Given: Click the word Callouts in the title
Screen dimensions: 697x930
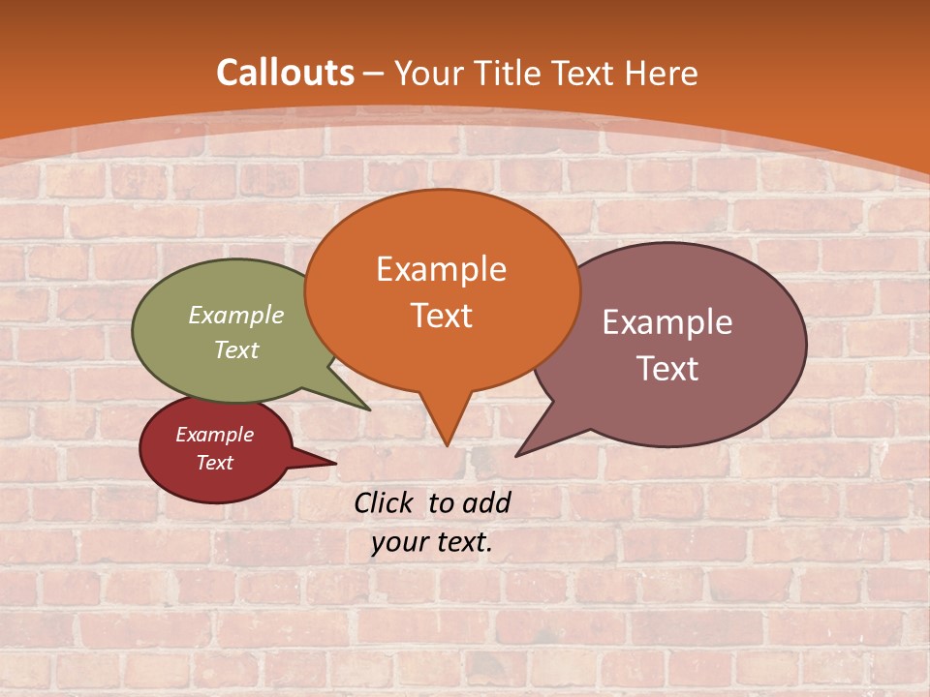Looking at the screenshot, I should pos(285,73).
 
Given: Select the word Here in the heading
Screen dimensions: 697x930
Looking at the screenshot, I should pos(661,73).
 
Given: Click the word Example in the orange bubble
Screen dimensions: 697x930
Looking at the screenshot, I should pos(441,269).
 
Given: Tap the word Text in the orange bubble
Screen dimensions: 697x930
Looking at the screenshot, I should pos(441,316).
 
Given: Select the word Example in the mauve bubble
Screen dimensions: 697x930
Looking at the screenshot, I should pos(667,322).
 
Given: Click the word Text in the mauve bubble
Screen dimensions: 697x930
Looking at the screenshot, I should pos(667,369).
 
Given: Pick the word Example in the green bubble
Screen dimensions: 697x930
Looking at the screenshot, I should pos(236,315).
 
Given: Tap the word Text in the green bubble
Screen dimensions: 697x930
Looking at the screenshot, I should pos(236,349).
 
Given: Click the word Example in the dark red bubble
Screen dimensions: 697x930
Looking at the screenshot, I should pos(214,435).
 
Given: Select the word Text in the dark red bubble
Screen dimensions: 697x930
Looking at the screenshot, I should pos(214,463).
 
